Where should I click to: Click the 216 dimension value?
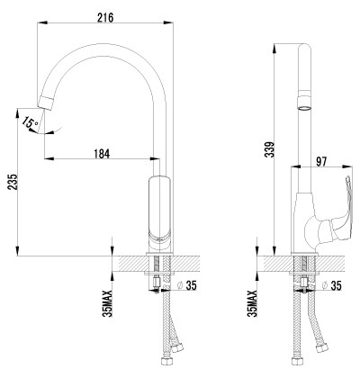click(x=105, y=17)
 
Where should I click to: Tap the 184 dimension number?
click(x=102, y=154)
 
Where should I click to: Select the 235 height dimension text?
click(x=13, y=182)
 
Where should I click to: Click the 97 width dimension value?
click(x=321, y=161)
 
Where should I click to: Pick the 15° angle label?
click(x=30, y=123)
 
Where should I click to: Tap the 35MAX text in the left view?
click(x=107, y=303)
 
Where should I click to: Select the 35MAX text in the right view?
click(x=252, y=303)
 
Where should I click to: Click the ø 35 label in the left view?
click(x=186, y=285)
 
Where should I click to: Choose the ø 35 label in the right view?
click(x=331, y=285)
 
